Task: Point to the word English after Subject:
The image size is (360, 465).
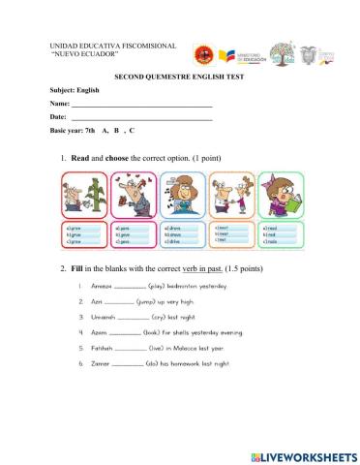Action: click(x=88, y=88)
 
